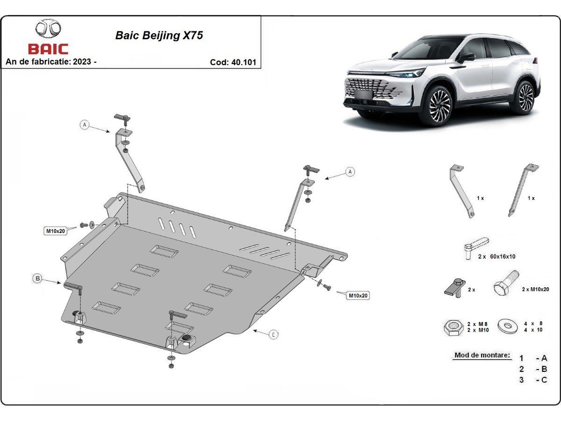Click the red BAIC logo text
[x=48, y=49]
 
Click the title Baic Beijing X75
[x=159, y=36]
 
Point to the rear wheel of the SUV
[x=525, y=97]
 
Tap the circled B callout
[x=37, y=279]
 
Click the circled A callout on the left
[x=84, y=125]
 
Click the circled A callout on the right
[x=350, y=172]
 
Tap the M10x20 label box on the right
[x=358, y=295]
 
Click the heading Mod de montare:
[x=482, y=356]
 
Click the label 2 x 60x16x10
[x=496, y=256]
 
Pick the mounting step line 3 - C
[x=533, y=380]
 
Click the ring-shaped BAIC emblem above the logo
[x=48, y=29]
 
